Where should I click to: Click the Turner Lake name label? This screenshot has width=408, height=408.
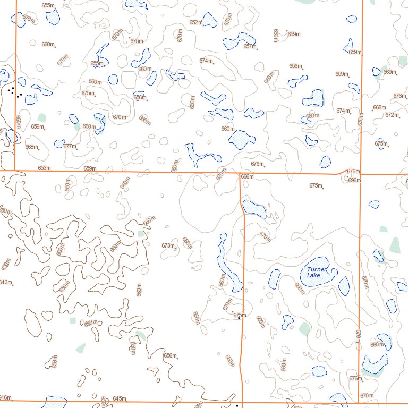(317, 272)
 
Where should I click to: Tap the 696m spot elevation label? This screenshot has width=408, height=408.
(354, 181)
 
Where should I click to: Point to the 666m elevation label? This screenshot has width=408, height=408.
(247, 177)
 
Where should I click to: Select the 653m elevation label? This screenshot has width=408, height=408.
(44, 168)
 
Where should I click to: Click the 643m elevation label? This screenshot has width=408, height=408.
(5, 282)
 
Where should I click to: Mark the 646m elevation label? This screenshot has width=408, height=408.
(5, 397)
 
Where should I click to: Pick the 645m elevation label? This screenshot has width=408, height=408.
(119, 398)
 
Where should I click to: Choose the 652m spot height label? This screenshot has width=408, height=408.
(195, 22)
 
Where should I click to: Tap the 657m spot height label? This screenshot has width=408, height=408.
(250, 46)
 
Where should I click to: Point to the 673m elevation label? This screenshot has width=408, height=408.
(168, 245)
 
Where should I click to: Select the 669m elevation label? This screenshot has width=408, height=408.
(389, 72)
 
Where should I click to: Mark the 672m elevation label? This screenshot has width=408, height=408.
(392, 115)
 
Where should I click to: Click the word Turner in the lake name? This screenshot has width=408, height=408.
(317, 269)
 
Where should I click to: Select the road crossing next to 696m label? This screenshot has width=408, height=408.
(361, 174)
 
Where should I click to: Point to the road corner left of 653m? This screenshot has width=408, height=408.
(15, 171)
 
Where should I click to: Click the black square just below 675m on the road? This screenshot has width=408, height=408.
(240, 318)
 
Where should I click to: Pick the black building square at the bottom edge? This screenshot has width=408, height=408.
(237, 405)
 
